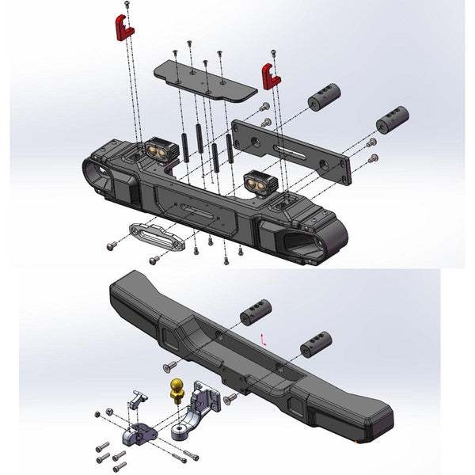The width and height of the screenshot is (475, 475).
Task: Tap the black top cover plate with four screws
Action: (204, 78)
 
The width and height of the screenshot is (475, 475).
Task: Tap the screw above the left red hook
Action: (127, 6)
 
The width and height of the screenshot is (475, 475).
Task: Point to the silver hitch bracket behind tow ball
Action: (207, 403)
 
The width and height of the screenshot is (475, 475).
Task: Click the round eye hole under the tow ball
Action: (179, 432)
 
